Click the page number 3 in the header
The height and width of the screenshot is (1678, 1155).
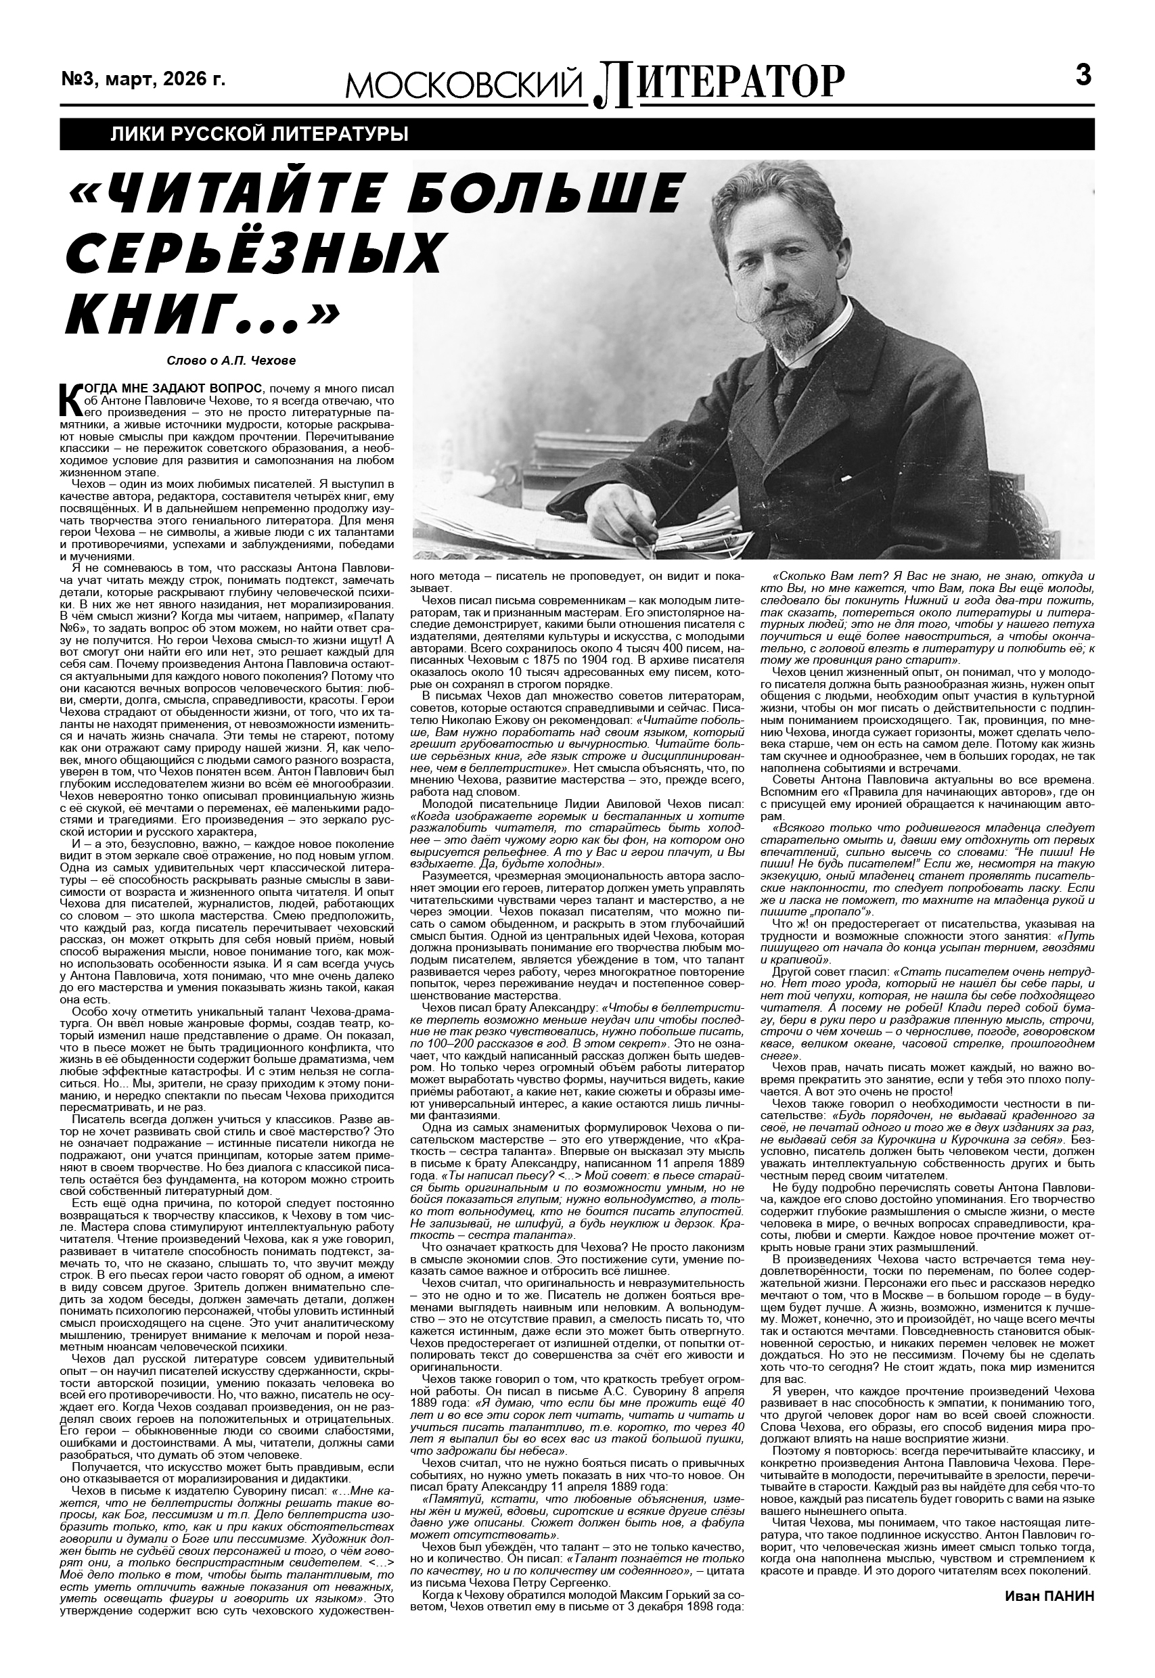[1083, 75]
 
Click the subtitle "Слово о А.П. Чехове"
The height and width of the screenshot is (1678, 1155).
[231, 360]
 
